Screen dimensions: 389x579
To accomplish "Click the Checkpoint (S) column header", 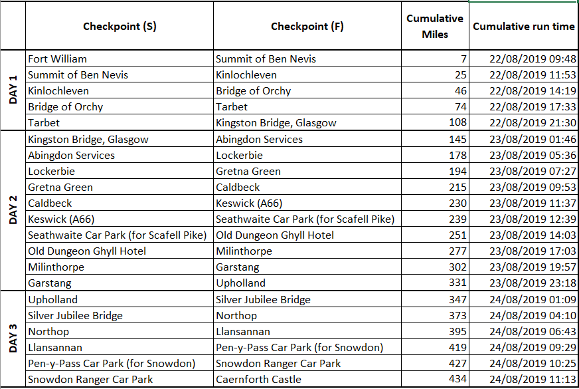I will [x=120, y=27].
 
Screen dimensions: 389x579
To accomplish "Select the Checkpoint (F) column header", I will [x=307, y=27].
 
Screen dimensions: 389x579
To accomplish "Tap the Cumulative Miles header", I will [x=435, y=27].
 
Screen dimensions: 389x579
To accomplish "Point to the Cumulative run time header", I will [x=523, y=27].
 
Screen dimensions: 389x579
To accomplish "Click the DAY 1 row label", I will [x=13, y=90].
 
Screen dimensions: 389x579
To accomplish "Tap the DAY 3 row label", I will [x=13, y=339].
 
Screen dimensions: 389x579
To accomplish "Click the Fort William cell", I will [x=57, y=59].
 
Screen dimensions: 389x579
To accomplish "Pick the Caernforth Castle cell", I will [x=258, y=380].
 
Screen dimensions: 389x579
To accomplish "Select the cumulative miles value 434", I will [x=457, y=380].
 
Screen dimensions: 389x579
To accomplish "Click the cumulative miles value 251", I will [x=457, y=235].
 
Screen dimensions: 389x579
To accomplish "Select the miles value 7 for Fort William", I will [x=463, y=59].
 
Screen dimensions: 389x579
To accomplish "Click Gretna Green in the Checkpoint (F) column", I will [x=248, y=171].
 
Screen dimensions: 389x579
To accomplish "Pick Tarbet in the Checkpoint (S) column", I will [x=44, y=123].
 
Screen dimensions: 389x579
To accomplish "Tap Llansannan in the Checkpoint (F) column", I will [x=243, y=331].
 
